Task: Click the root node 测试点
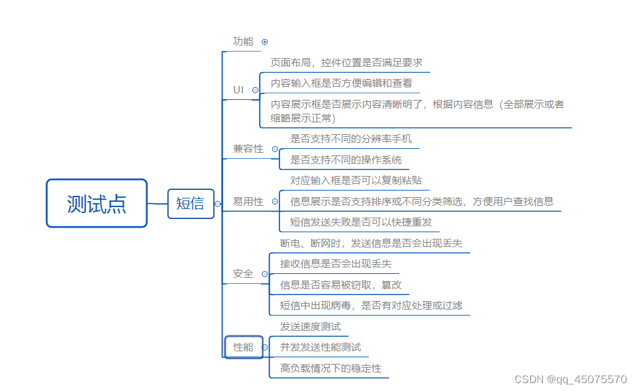tap(97, 204)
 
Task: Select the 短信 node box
tap(191, 204)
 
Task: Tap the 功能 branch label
tap(243, 42)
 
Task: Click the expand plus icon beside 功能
tap(265, 42)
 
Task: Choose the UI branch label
tap(238, 89)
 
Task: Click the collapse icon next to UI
tap(255, 89)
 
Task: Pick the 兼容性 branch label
tap(248, 149)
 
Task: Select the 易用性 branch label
tap(248, 202)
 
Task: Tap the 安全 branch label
tap(243, 273)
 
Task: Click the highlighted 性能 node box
tap(244, 347)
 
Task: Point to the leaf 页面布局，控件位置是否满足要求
tap(346, 63)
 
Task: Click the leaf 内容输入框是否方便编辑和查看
tap(341, 83)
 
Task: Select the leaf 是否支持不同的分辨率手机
tap(351, 139)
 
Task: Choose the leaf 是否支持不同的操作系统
tap(346, 160)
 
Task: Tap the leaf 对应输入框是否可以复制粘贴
tap(356, 181)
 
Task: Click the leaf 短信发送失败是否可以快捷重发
tap(361, 222)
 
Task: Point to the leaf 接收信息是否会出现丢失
tap(336, 264)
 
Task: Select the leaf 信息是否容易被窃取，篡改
tap(340, 284)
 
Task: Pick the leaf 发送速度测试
tap(311, 327)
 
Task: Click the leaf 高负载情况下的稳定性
tap(330, 369)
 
